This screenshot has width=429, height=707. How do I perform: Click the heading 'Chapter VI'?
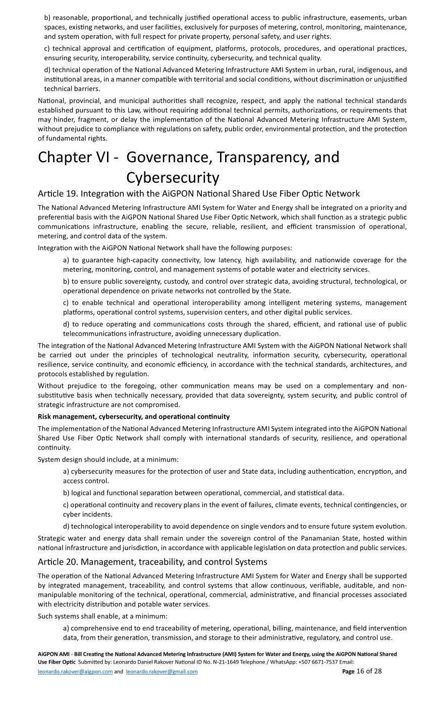point(78,158)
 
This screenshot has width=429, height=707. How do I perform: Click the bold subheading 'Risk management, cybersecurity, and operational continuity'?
point(134,417)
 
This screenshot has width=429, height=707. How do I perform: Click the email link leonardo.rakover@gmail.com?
point(162,672)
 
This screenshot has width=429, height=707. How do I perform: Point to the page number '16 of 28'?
point(369,671)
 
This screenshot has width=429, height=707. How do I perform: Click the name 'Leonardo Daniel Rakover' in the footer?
point(144,662)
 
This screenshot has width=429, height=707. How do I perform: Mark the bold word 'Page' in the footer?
point(348,672)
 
